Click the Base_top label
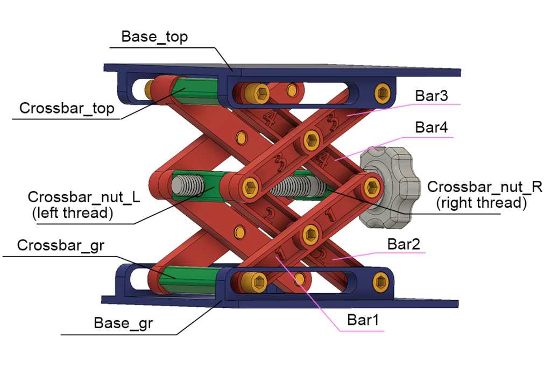tap(154, 37)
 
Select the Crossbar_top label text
tap(67, 108)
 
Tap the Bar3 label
tap(432, 96)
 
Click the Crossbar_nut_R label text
tap(484, 187)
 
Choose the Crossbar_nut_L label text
tap(84, 197)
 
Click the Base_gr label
tap(123, 323)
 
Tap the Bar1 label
tap(363, 320)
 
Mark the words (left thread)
tap(73, 213)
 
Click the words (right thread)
tap(480, 203)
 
